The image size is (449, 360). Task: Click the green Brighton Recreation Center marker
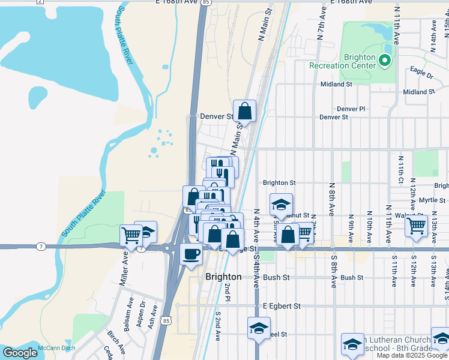tap(385, 61)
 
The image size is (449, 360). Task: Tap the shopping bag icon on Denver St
tap(244, 110)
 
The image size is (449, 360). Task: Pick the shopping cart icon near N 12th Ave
tap(415, 226)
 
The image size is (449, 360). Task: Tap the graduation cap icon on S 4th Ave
tap(259, 328)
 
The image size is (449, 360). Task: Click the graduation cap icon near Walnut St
tap(280, 205)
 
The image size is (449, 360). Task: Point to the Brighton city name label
tap(223, 277)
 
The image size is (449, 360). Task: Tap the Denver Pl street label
tap(351, 109)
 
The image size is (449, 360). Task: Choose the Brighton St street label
tap(279, 182)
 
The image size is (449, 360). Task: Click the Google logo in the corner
tap(20, 353)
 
